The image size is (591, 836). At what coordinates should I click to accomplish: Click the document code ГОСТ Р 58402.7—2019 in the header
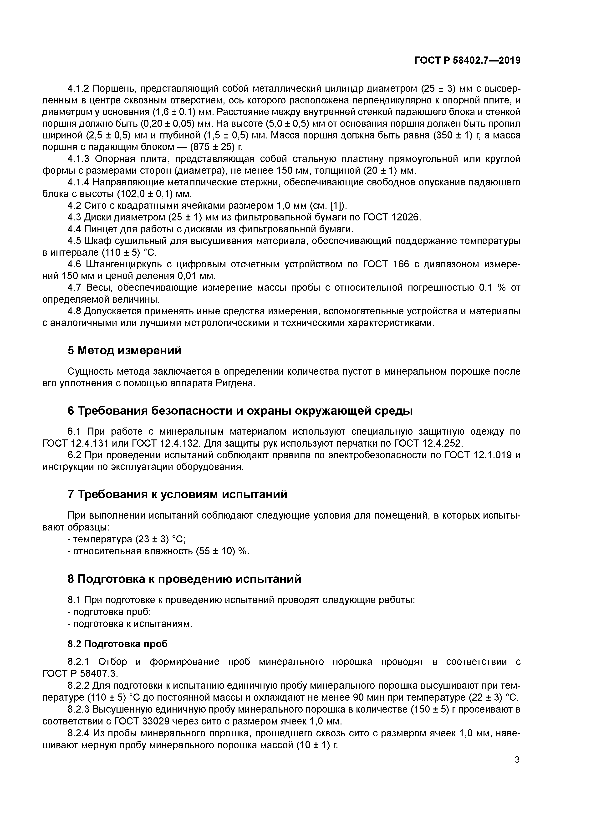(467, 61)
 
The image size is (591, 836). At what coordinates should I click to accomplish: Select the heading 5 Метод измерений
(125, 351)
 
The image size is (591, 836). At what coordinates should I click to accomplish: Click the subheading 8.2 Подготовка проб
(118, 644)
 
